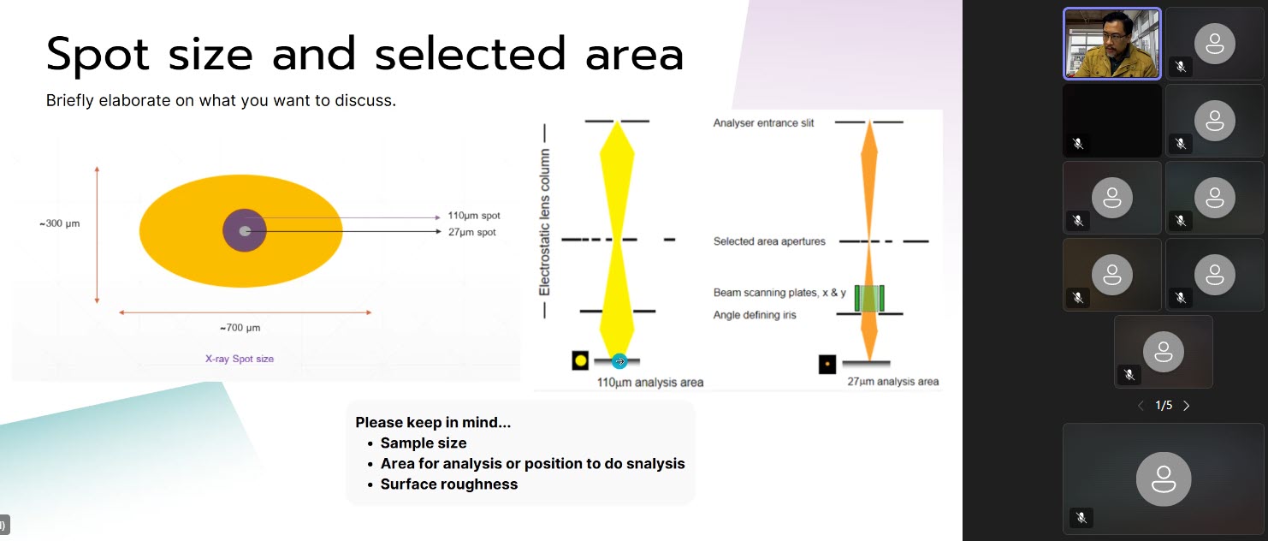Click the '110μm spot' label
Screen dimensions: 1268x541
click(x=474, y=215)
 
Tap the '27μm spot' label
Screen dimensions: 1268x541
click(x=471, y=232)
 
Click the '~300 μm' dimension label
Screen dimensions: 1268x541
click(x=59, y=223)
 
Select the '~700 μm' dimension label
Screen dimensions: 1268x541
click(x=240, y=328)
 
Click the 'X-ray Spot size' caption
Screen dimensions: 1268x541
click(x=240, y=359)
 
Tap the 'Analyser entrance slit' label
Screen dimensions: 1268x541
click(x=763, y=123)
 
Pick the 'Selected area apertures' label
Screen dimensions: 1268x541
click(x=768, y=241)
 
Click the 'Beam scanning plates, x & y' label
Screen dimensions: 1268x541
click(x=779, y=292)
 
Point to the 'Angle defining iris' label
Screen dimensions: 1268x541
click(x=754, y=315)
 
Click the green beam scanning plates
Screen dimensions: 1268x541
click(x=869, y=299)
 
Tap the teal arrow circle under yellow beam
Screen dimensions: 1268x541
click(x=619, y=361)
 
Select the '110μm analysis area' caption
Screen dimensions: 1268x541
click(x=650, y=383)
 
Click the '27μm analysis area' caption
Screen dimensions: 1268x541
click(x=892, y=381)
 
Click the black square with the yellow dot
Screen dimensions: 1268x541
click(x=580, y=360)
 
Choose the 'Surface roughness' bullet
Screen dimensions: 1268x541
click(x=449, y=485)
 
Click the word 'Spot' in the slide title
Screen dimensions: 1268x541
click(x=98, y=55)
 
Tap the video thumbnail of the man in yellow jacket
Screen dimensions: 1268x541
click(x=1111, y=44)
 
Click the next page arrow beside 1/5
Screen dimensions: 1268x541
click(x=1187, y=406)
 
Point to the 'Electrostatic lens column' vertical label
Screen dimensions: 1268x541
click(x=544, y=222)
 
